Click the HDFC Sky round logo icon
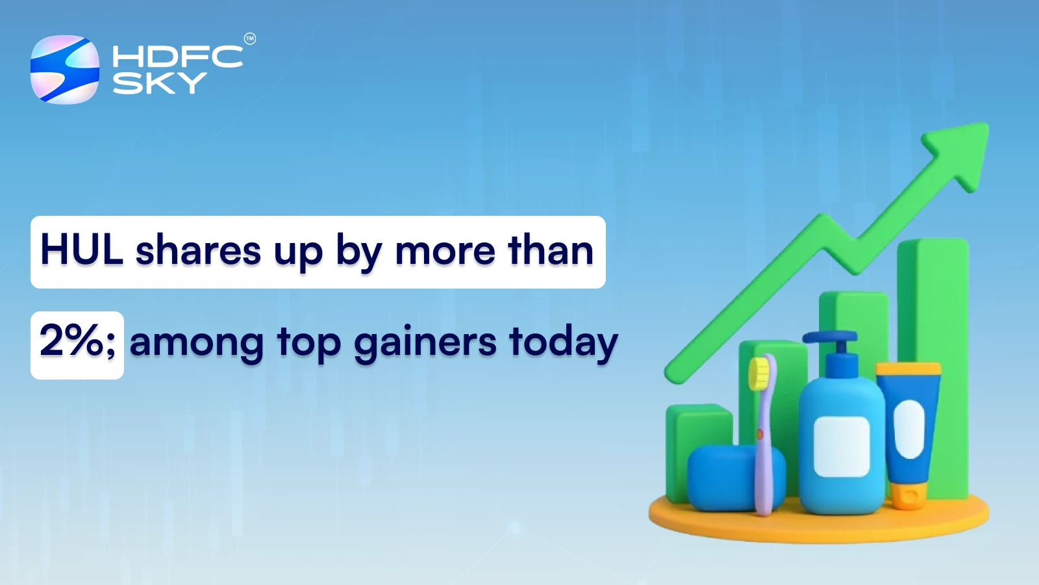click(x=65, y=70)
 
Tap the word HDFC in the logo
click(x=177, y=57)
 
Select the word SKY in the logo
click(x=159, y=83)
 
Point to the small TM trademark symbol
click(x=250, y=39)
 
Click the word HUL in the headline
click(x=82, y=250)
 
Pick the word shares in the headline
click(x=197, y=252)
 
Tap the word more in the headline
click(x=445, y=252)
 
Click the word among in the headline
click(x=196, y=343)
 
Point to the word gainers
click(x=425, y=343)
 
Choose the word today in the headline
click(x=563, y=343)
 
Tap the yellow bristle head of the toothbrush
click(x=758, y=374)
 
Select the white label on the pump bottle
click(x=842, y=447)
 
